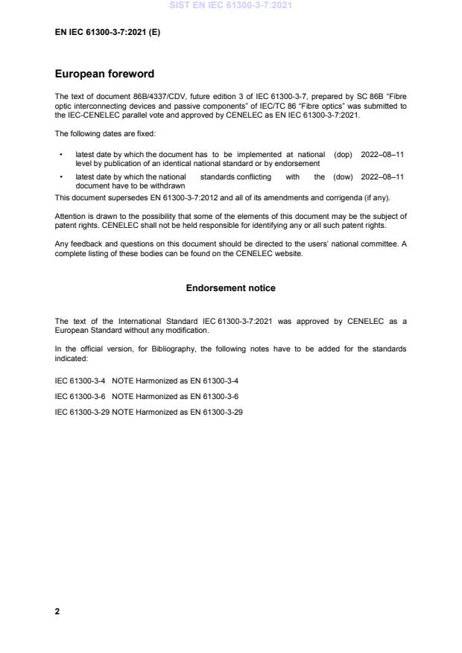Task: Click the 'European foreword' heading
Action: [104, 74]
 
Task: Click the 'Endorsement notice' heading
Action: [230, 287]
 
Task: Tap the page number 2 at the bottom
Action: [57, 611]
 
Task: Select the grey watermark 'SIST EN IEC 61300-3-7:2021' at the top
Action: [230, 5]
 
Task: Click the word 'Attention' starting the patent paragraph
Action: [69, 217]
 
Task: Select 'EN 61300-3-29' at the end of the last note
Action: [220, 412]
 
